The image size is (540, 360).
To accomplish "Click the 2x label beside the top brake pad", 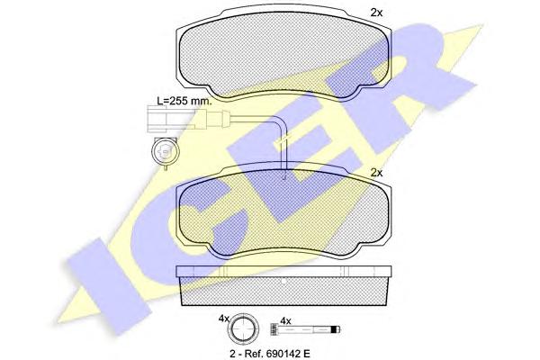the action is (x=376, y=13).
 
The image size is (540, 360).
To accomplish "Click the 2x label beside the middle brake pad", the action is (x=376, y=173).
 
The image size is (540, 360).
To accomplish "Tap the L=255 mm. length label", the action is (x=184, y=101).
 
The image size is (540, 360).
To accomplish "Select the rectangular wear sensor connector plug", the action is (x=157, y=119).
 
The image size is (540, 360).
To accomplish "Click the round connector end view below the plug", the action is (x=166, y=151).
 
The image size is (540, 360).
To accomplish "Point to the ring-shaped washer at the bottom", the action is (x=244, y=329).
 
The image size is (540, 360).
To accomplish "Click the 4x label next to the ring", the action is (x=224, y=319).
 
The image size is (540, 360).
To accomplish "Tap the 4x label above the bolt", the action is (x=286, y=321).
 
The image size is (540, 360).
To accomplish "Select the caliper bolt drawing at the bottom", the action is (x=305, y=331).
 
